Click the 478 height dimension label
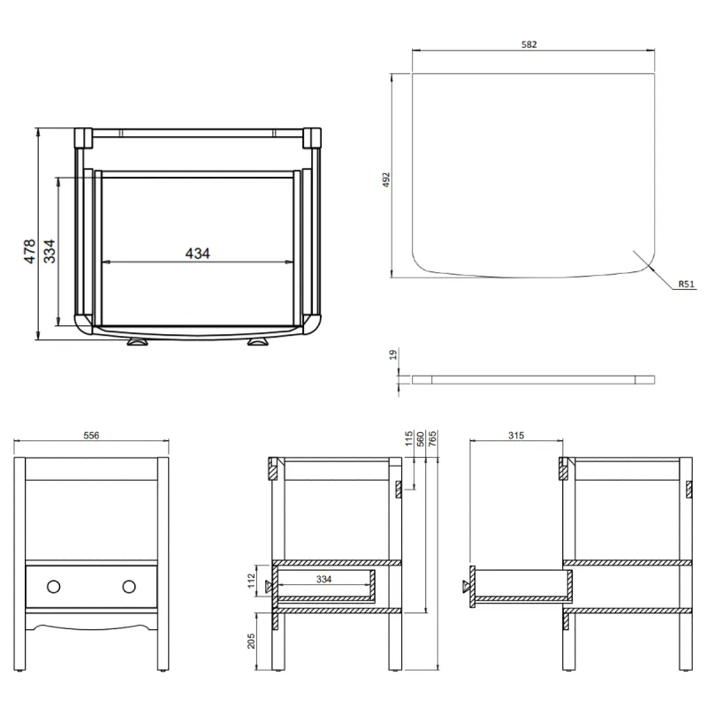tap(28, 252)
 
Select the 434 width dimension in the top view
tap(198, 254)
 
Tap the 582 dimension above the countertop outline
tap(529, 43)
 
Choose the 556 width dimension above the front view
tap(92, 435)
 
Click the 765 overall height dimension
tap(432, 439)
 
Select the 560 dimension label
tap(421, 439)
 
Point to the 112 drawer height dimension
tap(250, 582)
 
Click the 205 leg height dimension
tap(250, 640)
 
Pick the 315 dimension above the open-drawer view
tap(517, 435)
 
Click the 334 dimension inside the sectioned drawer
tap(323, 580)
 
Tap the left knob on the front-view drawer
tap(53, 586)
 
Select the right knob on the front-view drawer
tap(130, 586)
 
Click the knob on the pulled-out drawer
tap(464, 586)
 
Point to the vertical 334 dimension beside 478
tap(50, 252)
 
